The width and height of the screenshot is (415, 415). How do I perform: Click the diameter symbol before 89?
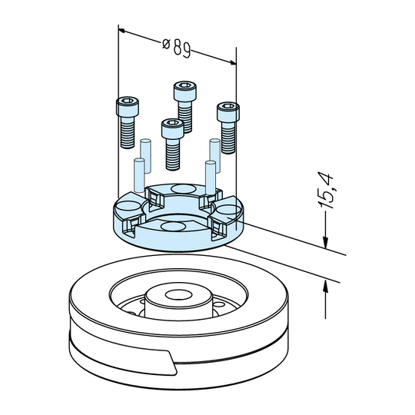click(166, 44)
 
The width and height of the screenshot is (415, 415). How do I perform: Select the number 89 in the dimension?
click(182, 49)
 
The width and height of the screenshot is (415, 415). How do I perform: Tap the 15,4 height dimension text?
click(325, 191)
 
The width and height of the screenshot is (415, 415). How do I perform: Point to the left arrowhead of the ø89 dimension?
click(121, 31)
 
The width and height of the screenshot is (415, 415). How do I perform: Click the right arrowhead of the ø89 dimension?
click(233, 62)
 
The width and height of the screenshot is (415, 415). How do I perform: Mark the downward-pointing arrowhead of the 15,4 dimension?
click(325, 243)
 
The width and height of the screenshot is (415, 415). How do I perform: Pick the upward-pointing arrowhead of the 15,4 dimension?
click(325, 287)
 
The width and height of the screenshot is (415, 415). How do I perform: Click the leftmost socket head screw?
click(128, 122)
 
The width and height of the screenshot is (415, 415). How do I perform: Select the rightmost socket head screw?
click(228, 128)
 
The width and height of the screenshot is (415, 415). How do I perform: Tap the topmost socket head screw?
click(185, 107)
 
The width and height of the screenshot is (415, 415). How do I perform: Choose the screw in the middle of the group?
click(173, 144)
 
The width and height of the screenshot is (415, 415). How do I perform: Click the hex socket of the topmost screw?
click(185, 85)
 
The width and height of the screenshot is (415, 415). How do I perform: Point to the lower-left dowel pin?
click(139, 175)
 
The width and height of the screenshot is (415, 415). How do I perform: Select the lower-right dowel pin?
click(211, 178)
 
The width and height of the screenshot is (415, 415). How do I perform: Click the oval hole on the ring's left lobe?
click(128, 206)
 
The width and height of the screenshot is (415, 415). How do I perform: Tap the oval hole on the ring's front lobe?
click(173, 227)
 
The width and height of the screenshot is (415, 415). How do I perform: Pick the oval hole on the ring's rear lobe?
click(184, 189)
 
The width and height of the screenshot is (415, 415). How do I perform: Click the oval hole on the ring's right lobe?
click(229, 210)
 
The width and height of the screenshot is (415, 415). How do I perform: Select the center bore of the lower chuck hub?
click(178, 294)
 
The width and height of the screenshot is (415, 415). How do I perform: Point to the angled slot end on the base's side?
click(171, 362)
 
